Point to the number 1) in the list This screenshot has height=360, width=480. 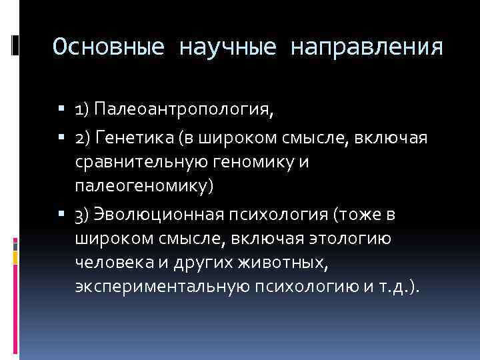click(83, 109)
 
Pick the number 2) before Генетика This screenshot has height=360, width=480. click(84, 138)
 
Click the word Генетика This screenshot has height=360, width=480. click(133, 138)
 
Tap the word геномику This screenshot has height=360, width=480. click(257, 162)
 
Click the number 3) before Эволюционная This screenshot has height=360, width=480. click(84, 215)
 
